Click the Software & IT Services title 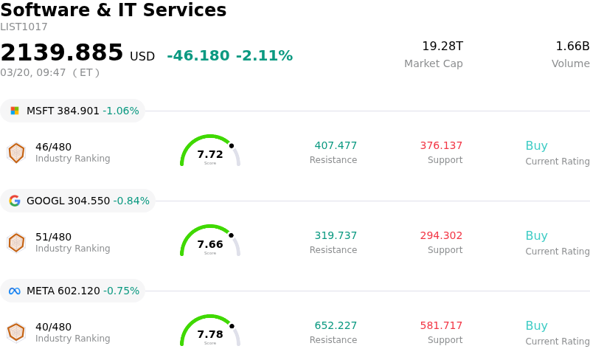114,10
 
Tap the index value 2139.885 62,52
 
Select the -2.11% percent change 264,56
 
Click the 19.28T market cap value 442,46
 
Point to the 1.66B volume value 572,46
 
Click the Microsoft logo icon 15,111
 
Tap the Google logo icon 15,201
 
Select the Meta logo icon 15,291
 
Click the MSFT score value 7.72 210,154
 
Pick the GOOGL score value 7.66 210,244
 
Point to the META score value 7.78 210,334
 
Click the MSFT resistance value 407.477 336,146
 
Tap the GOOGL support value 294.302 441,236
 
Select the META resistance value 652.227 336,326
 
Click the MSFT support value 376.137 441,146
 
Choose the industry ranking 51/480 53,237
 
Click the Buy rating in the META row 536,326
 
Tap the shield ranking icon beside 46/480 16,153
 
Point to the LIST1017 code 24,27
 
